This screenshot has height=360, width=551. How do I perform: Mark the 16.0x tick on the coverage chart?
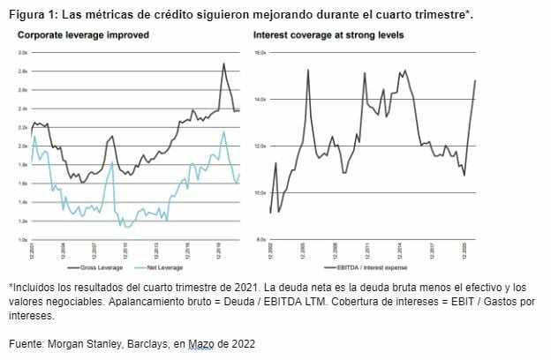click(x=260, y=53)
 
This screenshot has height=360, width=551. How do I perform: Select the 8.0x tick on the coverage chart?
click(x=260, y=239)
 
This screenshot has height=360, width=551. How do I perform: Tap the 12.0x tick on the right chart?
click(x=260, y=146)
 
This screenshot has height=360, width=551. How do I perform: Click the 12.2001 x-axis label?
click(x=33, y=250)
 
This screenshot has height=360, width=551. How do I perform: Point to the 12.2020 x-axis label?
click(x=464, y=250)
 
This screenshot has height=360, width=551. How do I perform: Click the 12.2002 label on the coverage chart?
click(x=271, y=250)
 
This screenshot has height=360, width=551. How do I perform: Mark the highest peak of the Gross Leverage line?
click(x=223, y=64)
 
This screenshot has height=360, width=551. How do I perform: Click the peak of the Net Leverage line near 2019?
click(x=223, y=132)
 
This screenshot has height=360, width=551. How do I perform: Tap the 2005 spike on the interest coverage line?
click(x=307, y=70)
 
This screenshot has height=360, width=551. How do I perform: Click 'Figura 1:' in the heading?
click(x=33, y=15)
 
